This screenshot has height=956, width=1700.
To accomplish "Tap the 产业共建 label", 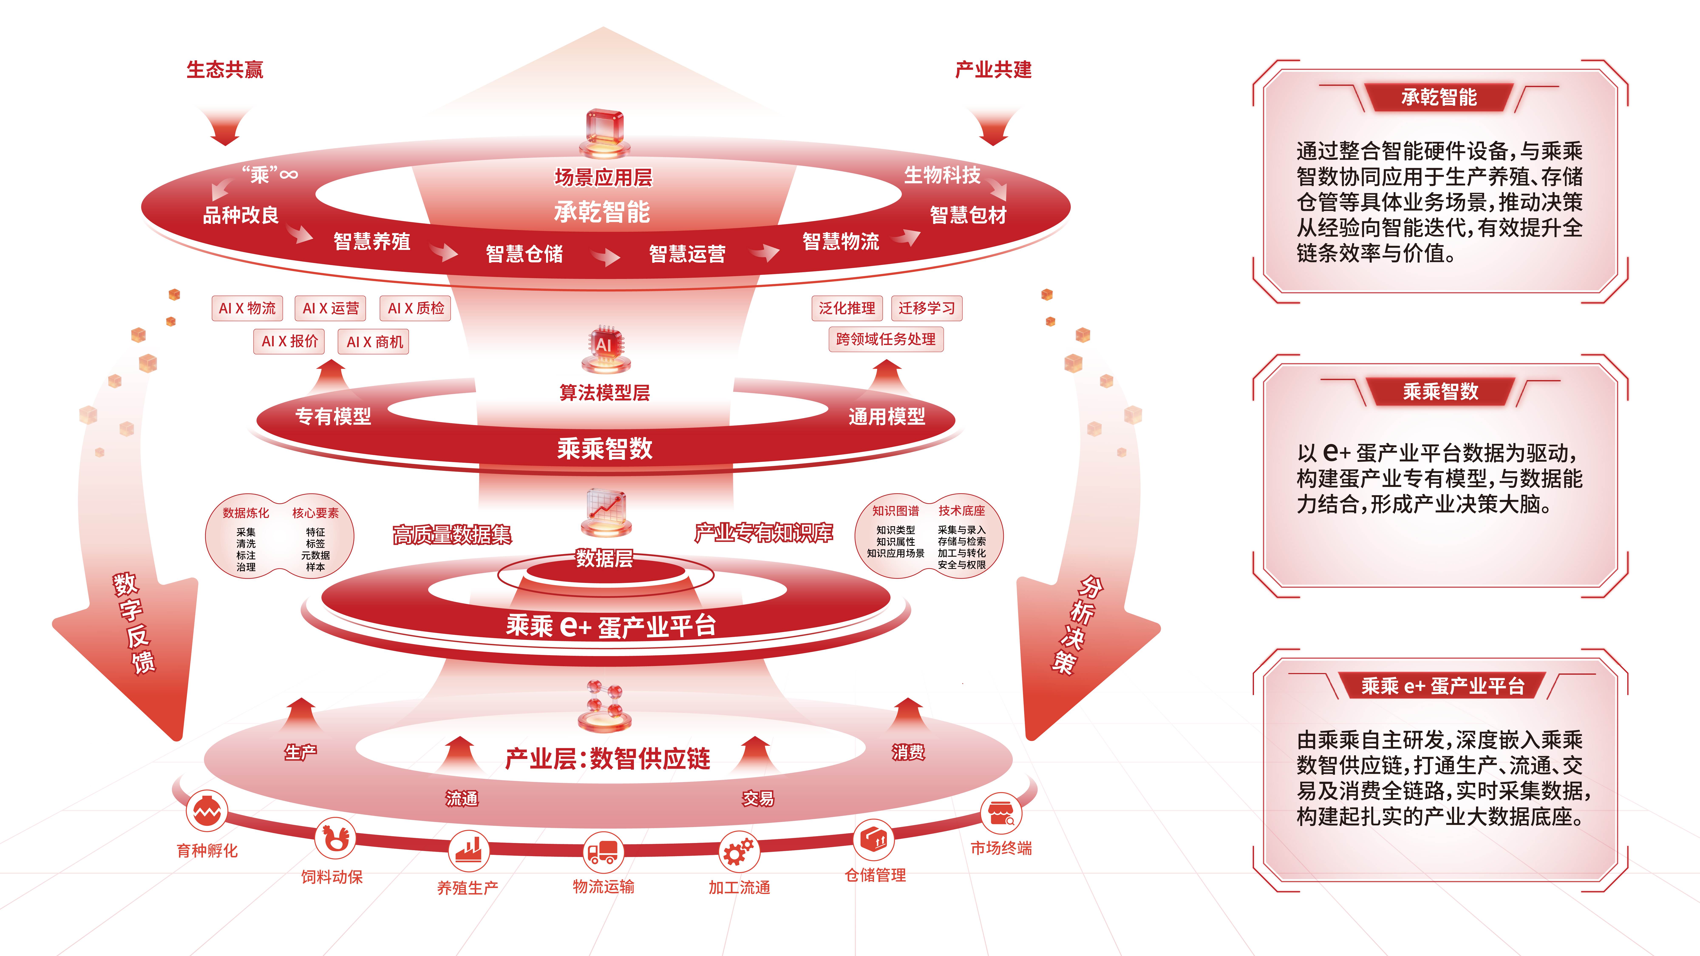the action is pos(993,69).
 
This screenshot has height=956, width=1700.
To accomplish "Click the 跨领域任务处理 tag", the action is pos(886,339).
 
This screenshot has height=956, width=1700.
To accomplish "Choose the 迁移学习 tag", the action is pos(926,308).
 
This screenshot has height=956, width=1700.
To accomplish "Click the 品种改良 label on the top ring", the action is pos(241,215).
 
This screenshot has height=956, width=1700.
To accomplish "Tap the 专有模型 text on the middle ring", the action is pos(333,416).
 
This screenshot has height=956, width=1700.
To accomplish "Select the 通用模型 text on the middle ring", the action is pos(887,416).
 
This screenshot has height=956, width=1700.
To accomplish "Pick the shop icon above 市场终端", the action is pos(1001,813).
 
